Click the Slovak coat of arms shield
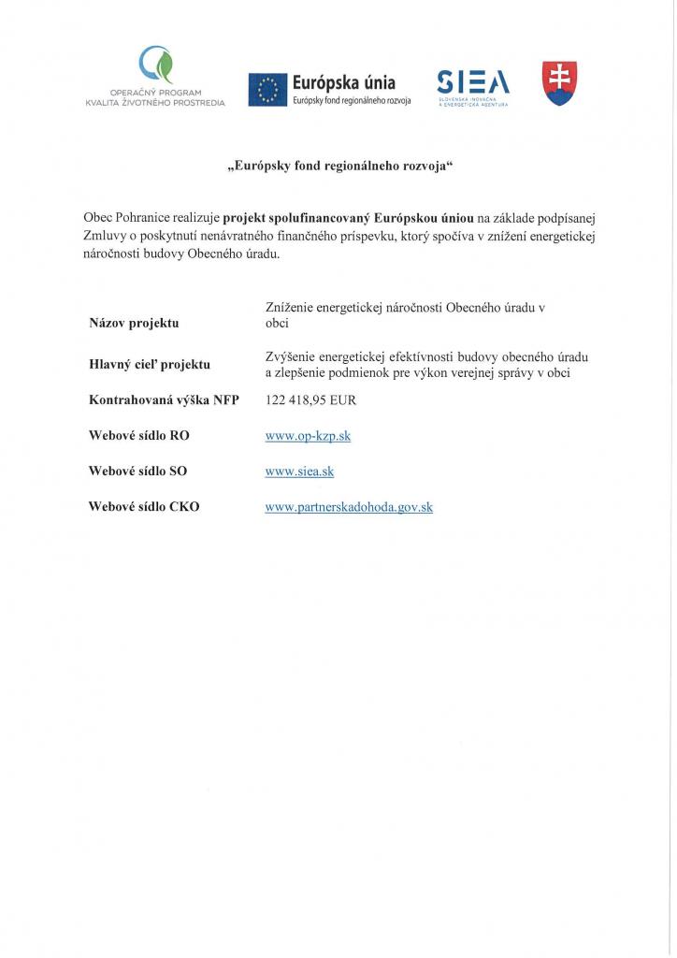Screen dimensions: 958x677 pos(559,83)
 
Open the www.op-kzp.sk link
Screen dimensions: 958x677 pos(308,436)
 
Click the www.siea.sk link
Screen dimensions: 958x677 pos(299,472)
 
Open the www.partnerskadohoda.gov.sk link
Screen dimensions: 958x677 pos(349,507)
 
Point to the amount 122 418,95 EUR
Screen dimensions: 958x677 pos(310,400)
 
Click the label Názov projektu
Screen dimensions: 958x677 pos(134,323)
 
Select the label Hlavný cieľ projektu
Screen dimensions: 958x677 pos(150,364)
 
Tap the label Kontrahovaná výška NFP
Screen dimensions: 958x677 pos(164,400)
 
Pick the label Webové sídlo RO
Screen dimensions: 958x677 pos(139,436)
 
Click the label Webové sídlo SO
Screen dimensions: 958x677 pos(138,472)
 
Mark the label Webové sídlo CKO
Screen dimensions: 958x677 pos(144,507)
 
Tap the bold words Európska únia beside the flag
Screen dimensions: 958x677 pos(344,82)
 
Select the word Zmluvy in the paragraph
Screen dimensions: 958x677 pos(104,236)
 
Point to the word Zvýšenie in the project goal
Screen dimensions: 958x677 pos(291,356)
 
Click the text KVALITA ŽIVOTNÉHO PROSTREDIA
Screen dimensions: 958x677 pos(154,101)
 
